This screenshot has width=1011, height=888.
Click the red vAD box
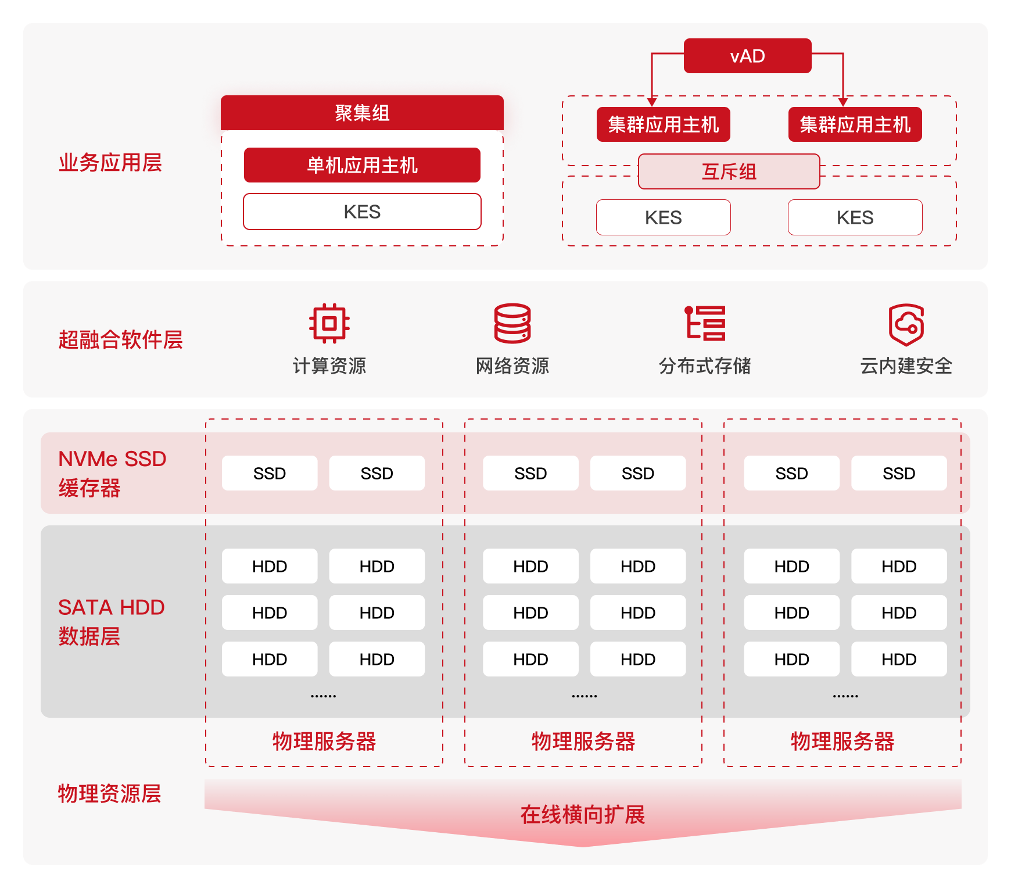coord(747,56)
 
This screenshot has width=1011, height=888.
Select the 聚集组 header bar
coord(362,112)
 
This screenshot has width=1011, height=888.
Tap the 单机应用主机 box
coord(362,165)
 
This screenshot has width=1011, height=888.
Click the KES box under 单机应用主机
coord(362,212)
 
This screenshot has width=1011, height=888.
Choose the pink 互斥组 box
coord(729,171)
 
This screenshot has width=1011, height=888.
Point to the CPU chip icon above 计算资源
coord(329,323)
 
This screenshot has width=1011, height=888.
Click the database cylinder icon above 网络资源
coord(512,323)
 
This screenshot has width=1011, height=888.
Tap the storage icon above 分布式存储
coord(705,323)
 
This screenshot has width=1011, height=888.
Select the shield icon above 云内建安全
coord(906,324)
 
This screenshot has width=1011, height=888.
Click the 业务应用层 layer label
coord(110,163)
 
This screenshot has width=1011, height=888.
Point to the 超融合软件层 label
coord(120,339)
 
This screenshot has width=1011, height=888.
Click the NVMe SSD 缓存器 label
coord(112,473)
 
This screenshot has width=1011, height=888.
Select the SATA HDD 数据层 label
coord(111,621)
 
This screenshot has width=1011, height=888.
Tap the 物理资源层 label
coord(109,793)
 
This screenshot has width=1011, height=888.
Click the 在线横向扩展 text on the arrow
coord(582,815)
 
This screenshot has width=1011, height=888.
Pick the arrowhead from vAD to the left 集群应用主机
coord(652,102)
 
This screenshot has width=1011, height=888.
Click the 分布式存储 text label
coord(705,366)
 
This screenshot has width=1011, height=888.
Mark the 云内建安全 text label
coord(906,366)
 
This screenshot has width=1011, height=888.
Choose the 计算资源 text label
coord(329,366)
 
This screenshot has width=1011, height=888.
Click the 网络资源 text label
coord(512,366)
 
